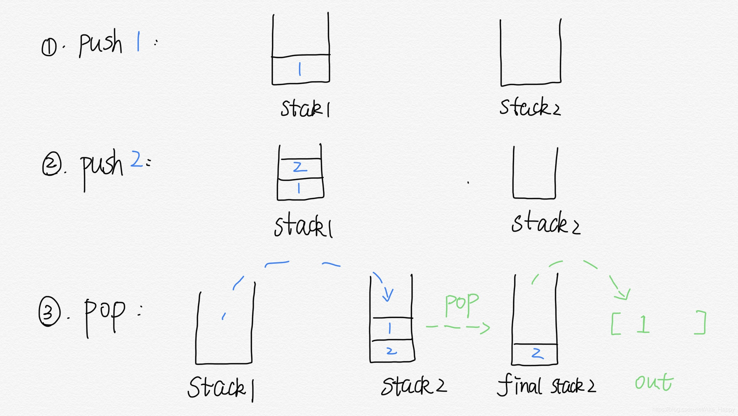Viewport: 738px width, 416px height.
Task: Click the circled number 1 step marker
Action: click(x=49, y=47)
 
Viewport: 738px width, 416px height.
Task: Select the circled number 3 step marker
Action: click(x=49, y=311)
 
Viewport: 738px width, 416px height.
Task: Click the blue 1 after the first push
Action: click(x=138, y=41)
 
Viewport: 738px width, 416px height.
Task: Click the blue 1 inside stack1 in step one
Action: click(x=300, y=69)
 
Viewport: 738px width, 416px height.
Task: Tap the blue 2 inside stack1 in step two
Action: click(x=299, y=167)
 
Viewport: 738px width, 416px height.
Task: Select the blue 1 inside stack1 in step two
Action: click(x=299, y=188)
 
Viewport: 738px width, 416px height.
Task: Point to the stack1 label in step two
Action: click(x=303, y=226)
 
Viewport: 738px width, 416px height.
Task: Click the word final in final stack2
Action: click(x=519, y=385)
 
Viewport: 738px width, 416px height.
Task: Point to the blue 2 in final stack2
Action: click(x=537, y=353)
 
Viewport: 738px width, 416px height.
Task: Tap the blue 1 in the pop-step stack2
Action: click(x=390, y=328)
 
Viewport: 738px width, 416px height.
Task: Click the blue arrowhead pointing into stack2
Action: click(x=388, y=295)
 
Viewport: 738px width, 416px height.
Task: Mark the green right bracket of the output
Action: click(x=701, y=322)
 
